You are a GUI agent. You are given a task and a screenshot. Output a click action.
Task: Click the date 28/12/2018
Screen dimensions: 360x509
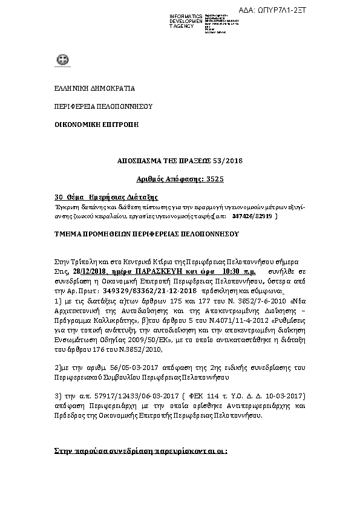coord(90,273)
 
